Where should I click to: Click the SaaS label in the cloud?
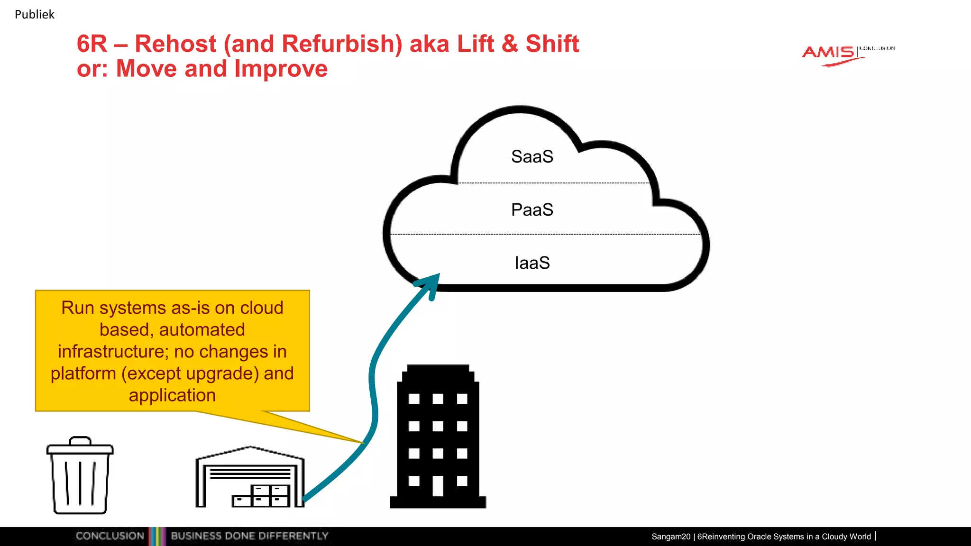pyautogui.click(x=532, y=157)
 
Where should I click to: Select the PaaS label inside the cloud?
pyautogui.click(x=532, y=210)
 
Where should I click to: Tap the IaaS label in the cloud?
pyautogui.click(x=532, y=263)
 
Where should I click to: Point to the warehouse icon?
pyautogui.click(x=250, y=478)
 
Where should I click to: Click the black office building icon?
pyautogui.click(x=438, y=436)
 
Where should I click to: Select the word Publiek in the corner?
pyautogui.click(x=35, y=15)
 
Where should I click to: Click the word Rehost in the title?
pyautogui.click(x=175, y=44)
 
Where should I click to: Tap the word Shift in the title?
pyautogui.click(x=552, y=44)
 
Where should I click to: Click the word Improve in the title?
pyautogui.click(x=281, y=69)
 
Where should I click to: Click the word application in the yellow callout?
pyautogui.click(x=172, y=395)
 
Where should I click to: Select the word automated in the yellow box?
pyautogui.click(x=202, y=330)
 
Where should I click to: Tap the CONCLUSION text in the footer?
pyautogui.click(x=110, y=536)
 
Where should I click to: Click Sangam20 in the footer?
pyautogui.click(x=670, y=537)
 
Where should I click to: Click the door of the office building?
pyautogui.click(x=438, y=486)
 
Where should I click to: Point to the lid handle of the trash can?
pyautogui.click(x=80, y=441)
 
